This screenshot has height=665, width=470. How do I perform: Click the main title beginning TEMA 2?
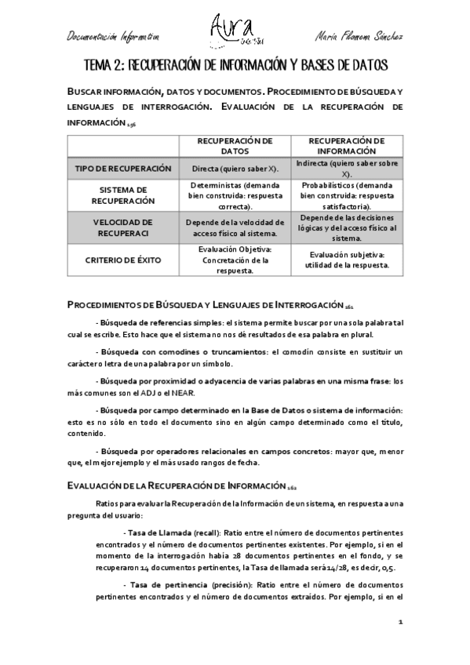click(x=235, y=64)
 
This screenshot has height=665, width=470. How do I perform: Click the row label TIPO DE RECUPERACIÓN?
click(x=123, y=169)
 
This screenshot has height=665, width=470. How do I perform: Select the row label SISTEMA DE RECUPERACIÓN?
click(x=123, y=195)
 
